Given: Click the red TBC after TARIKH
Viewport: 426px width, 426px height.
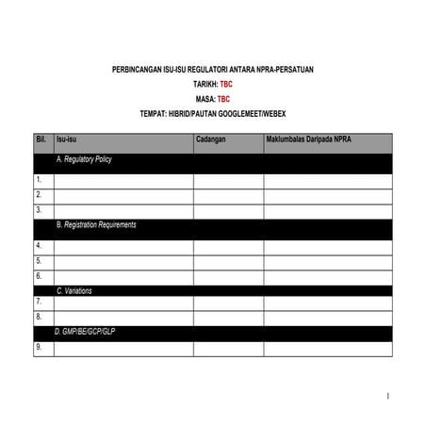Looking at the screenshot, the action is click(226, 84).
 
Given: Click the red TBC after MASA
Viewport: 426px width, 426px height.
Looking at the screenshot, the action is click(223, 98).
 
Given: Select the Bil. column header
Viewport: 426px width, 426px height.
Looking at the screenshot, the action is click(41, 140).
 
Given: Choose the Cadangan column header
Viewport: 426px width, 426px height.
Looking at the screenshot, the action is click(212, 140).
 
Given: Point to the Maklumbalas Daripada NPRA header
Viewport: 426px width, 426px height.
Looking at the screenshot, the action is click(308, 140).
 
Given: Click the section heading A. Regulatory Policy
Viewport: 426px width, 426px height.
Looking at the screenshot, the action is click(84, 159).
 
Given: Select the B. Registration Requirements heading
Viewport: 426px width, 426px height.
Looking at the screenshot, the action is click(96, 225).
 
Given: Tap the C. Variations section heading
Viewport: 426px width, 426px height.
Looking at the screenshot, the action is click(74, 291).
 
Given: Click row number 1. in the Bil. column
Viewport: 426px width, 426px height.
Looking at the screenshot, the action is click(39, 178).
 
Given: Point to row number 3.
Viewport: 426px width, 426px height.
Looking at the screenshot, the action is click(39, 210).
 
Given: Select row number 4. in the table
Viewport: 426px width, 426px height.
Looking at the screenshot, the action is click(39, 245).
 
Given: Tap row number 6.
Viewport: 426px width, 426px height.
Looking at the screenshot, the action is click(39, 276).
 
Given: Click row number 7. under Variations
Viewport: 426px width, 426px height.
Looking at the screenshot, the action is click(39, 302).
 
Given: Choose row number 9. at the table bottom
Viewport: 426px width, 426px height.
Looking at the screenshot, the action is click(39, 348).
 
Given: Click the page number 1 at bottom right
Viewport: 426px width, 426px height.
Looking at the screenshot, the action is click(387, 395).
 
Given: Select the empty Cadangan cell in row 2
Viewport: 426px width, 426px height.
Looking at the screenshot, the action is click(228, 194).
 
